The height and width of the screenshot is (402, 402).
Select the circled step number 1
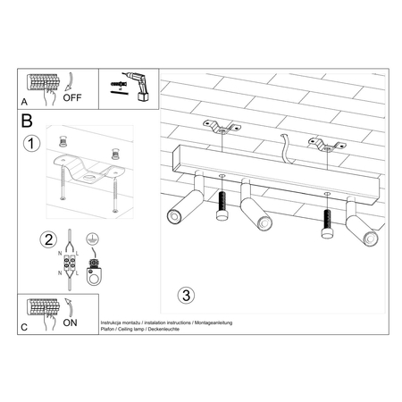pos(33,143)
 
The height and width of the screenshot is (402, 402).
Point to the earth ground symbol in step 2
pos(89,239)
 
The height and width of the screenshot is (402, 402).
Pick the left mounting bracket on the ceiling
pos(220,127)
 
